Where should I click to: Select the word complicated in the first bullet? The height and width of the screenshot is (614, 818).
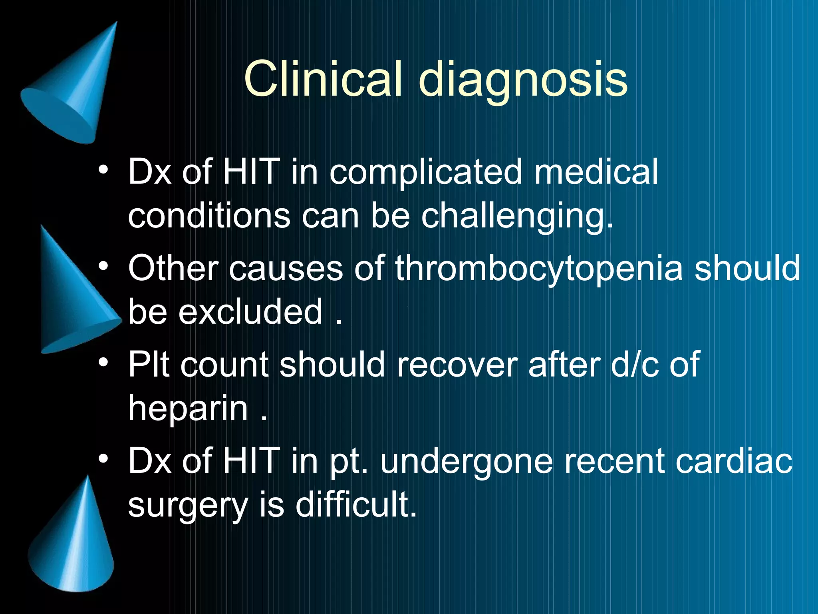426,173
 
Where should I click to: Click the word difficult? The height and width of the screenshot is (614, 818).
356,504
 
